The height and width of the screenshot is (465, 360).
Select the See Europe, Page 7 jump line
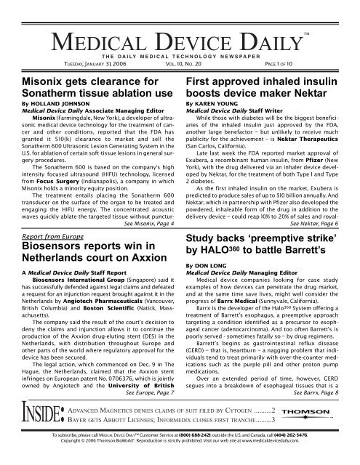tap(148, 393)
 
